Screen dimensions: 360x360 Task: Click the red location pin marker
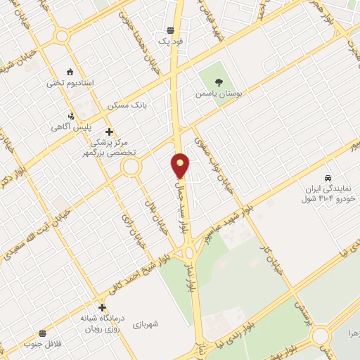click(x=181, y=165)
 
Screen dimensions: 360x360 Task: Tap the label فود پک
click(x=170, y=42)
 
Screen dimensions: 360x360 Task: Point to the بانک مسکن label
click(x=127, y=105)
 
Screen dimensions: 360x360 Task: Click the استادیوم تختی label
click(x=70, y=83)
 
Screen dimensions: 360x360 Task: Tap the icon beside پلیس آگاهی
click(x=70, y=116)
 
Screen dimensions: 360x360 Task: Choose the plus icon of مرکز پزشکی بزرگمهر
click(x=108, y=131)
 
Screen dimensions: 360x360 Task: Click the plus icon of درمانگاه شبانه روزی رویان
click(x=103, y=307)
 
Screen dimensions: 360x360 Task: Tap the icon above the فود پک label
click(x=170, y=30)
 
